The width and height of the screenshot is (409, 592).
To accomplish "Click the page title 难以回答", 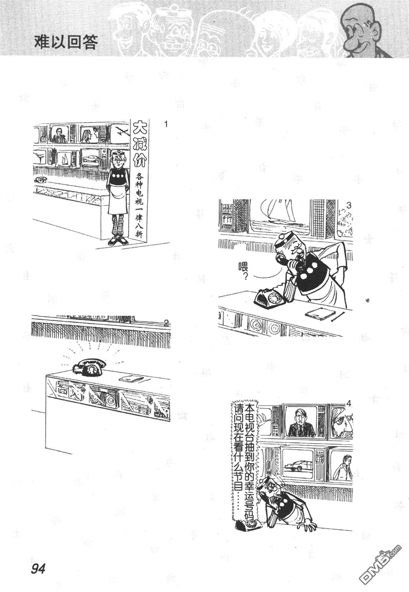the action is point(66,42).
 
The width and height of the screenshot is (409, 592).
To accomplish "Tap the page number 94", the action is point(38,567).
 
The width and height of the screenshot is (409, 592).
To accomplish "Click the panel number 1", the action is point(166,124).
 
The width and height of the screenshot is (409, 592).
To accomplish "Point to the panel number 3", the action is point(348,206).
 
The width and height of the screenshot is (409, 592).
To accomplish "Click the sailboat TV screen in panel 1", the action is point(65,159).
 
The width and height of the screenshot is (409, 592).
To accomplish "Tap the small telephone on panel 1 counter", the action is point(41,180).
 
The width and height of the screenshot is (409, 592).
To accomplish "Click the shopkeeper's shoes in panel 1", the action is point(118,241).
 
